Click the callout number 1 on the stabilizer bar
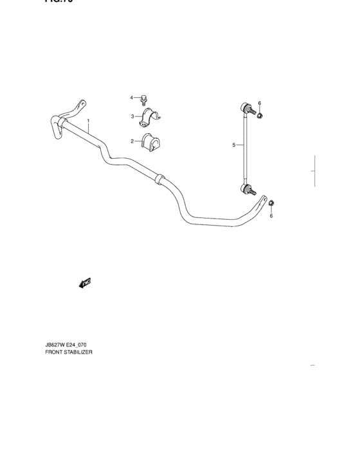click(x=89, y=122)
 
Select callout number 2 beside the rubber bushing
click(x=132, y=141)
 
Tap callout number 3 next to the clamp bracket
click(x=132, y=116)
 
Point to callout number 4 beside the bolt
click(x=132, y=98)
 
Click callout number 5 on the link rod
click(x=234, y=145)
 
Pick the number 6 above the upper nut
click(x=260, y=104)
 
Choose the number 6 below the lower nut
click(x=271, y=215)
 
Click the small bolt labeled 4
click(x=145, y=99)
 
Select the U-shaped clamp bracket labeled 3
click(x=151, y=118)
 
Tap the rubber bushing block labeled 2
click(x=152, y=141)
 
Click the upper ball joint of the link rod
click(x=246, y=108)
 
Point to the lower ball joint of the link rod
click(x=246, y=188)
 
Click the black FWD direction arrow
click(x=84, y=283)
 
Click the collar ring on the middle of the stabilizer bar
click(x=158, y=178)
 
